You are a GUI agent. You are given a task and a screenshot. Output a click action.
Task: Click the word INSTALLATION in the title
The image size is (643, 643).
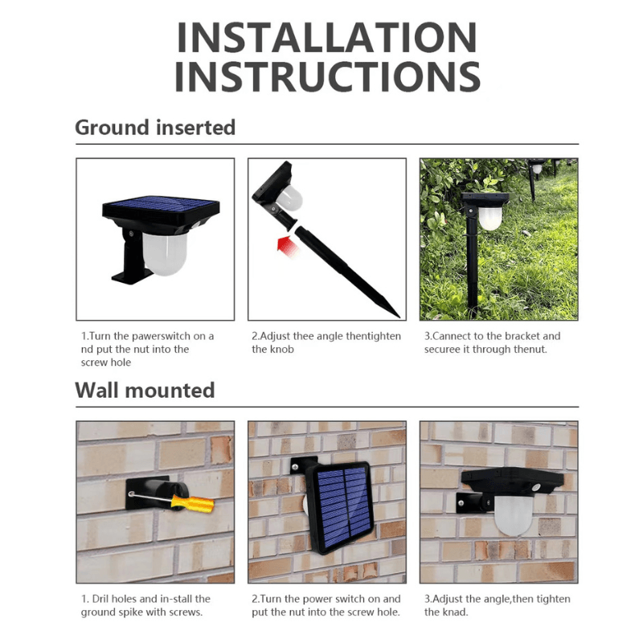[x=326, y=38]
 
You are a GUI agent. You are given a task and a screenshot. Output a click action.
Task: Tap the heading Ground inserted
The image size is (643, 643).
[x=155, y=127]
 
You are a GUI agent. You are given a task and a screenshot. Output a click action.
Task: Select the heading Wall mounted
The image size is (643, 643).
[x=145, y=391]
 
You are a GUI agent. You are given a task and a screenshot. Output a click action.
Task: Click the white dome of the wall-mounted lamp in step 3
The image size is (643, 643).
[x=514, y=513]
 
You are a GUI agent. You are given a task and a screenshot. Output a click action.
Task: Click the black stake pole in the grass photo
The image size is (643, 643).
[x=473, y=265]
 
